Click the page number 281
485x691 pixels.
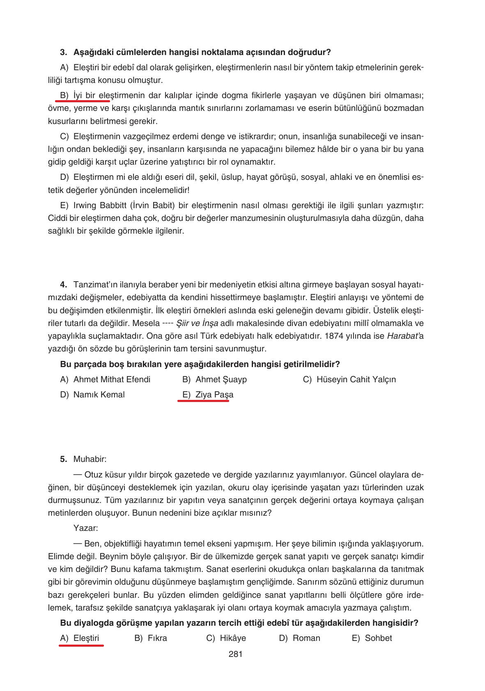[x=235, y=654]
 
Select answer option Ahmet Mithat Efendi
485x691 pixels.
[x=111, y=379]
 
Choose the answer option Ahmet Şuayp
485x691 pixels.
[x=221, y=379]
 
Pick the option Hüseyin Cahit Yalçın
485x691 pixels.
[x=356, y=379]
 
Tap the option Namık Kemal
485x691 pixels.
[x=99, y=395]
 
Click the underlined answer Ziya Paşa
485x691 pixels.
[x=214, y=395]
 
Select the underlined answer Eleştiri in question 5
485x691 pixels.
[x=86, y=638]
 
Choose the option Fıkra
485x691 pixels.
[x=157, y=638]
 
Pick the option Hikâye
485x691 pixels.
[x=232, y=638]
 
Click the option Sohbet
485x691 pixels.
[x=378, y=638]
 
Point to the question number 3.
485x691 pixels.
[x=63, y=52]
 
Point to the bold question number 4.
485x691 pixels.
[x=63, y=285]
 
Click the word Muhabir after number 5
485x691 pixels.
[x=90, y=459]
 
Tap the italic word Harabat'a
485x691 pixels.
[x=405, y=336]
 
